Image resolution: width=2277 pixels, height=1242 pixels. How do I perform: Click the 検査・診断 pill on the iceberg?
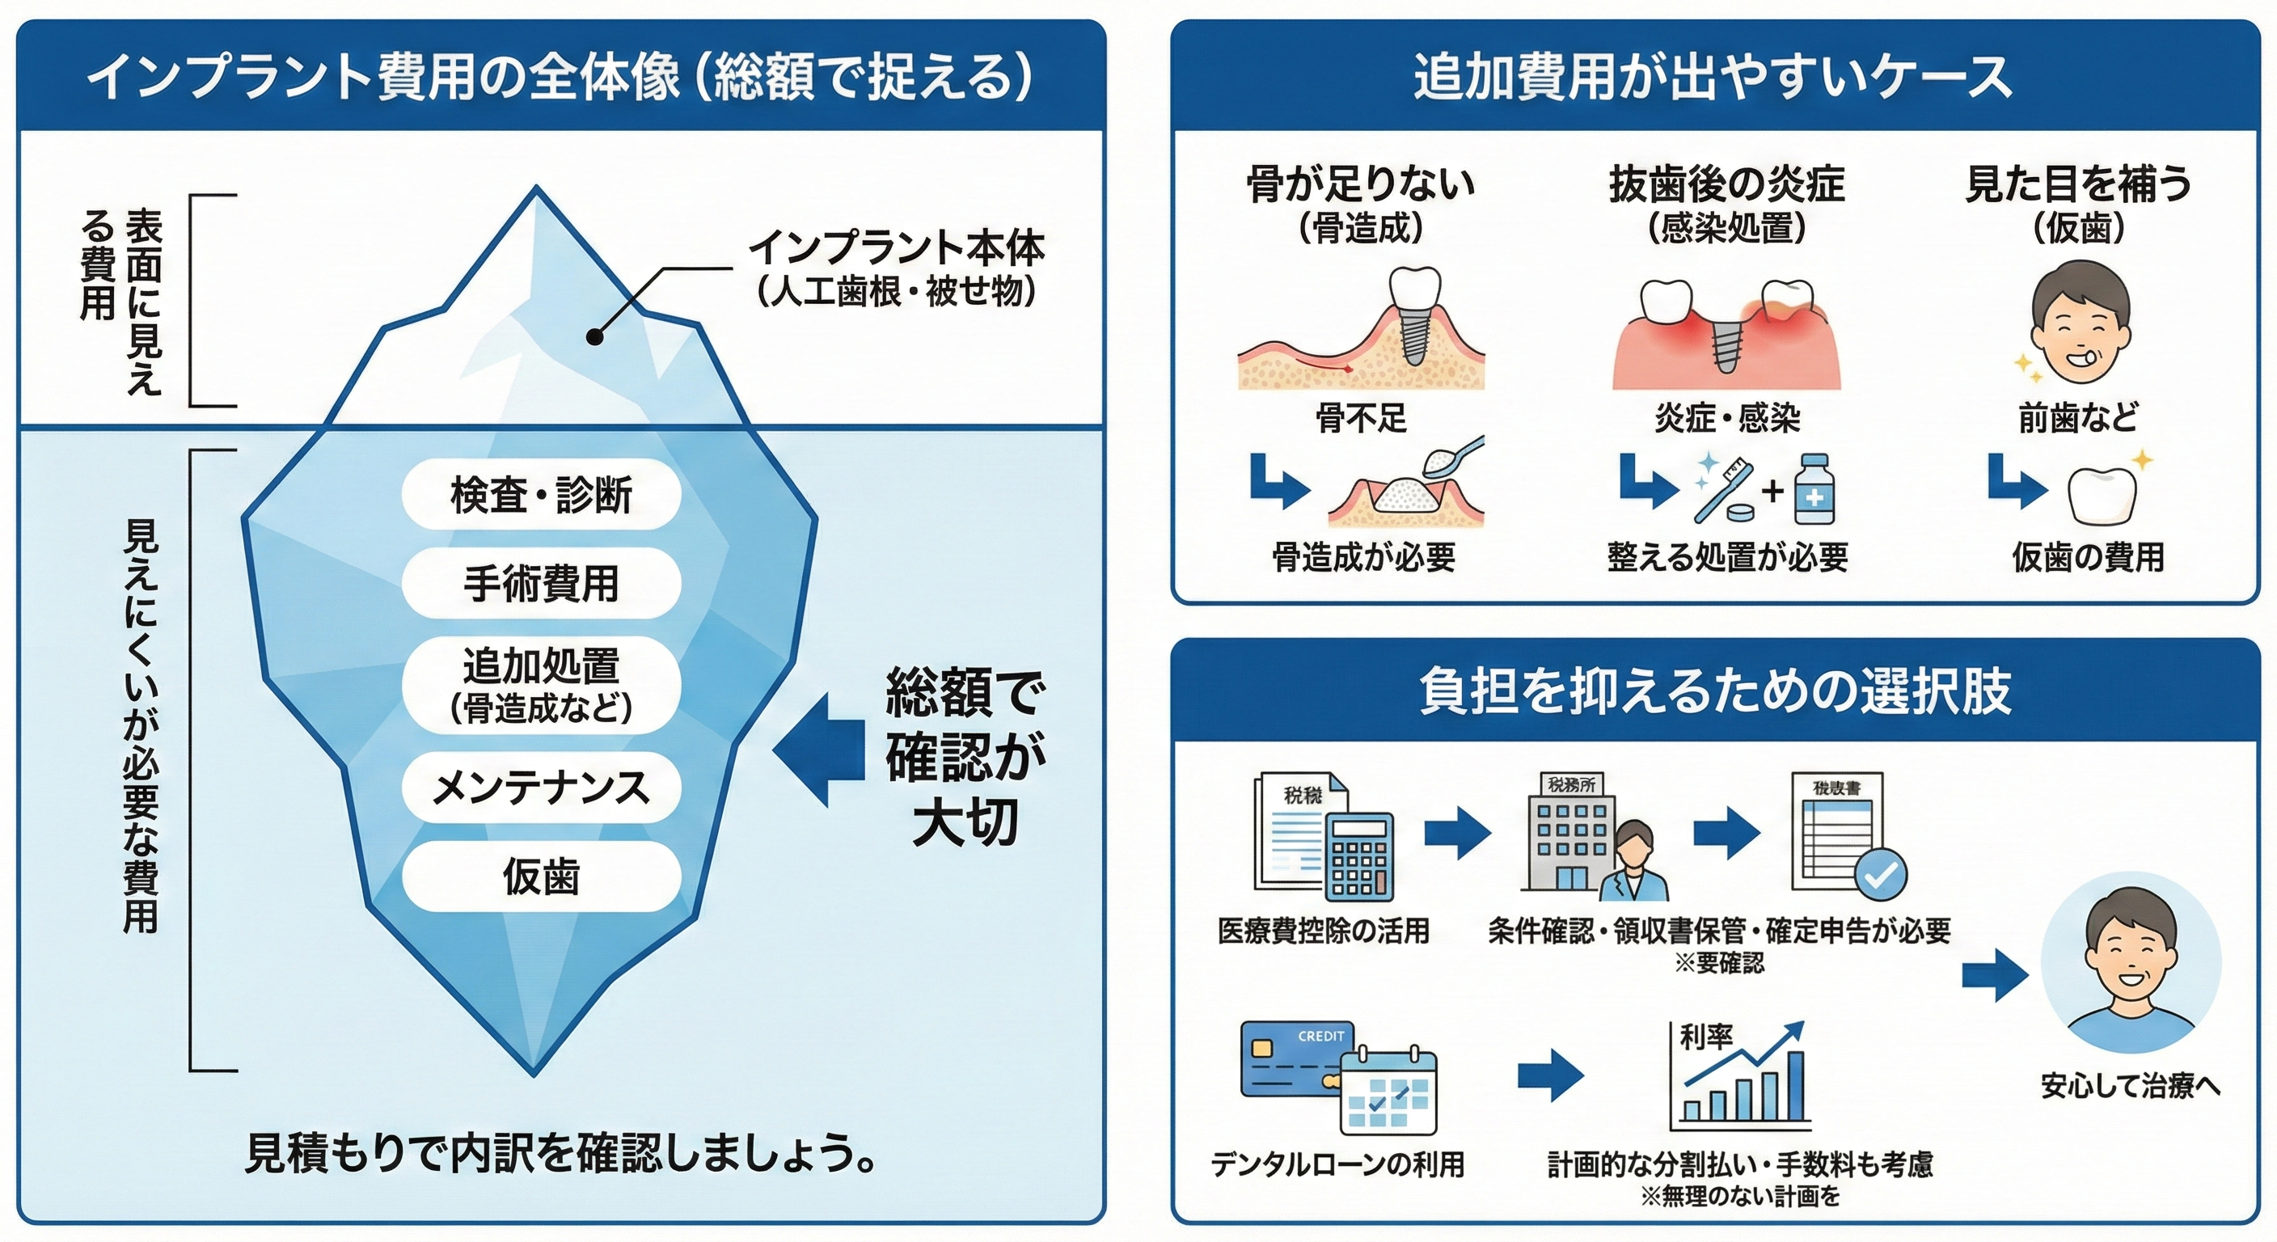pos(541,494)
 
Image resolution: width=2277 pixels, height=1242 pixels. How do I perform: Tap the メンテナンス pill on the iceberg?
pos(541,788)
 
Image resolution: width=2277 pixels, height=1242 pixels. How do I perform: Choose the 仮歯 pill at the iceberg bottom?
pos(541,877)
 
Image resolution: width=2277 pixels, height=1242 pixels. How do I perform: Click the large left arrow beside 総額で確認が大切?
pos(817,750)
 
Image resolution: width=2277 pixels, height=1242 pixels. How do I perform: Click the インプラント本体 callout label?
pos(896,248)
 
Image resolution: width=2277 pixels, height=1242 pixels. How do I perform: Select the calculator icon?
pos(1359,855)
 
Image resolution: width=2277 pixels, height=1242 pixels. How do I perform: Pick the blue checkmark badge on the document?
pos(1879,874)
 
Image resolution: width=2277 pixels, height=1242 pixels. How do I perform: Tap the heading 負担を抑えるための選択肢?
pos(1715,691)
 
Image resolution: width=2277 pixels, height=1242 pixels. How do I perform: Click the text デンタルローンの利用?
pos(1337,1164)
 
